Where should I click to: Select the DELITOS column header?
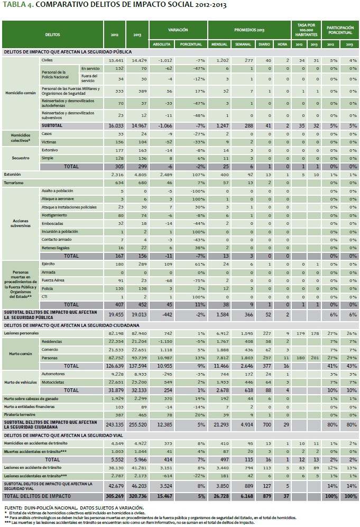[53, 34]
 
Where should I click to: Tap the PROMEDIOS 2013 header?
[249, 30]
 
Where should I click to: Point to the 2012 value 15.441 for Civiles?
[114, 61]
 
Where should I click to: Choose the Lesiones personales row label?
[21, 334]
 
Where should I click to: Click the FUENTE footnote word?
[13, 508]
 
